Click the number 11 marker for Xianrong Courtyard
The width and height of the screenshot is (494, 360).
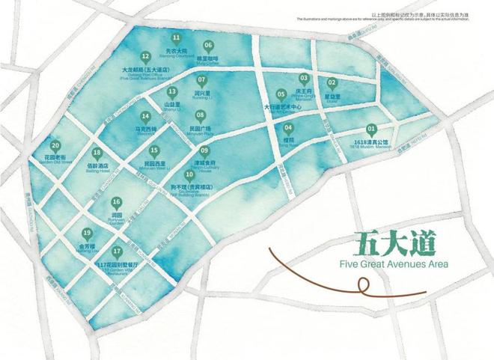pos(177,37)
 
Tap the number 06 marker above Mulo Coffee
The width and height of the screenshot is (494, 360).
pos(208,45)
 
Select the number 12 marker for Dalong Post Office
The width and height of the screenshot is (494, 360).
pos(145,56)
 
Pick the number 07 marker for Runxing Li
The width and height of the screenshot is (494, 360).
pos(201,79)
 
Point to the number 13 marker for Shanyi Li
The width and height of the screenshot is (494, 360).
pos(172,91)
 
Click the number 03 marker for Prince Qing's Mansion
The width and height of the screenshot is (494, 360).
pos(304,78)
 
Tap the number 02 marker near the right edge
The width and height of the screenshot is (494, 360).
pos(332,82)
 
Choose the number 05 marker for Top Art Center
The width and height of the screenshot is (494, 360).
pos(281,94)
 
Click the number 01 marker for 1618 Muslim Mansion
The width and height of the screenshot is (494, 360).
pos(371,129)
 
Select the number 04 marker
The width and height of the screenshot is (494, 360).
pos(289,127)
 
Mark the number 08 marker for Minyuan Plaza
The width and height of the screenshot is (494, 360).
pos(200,115)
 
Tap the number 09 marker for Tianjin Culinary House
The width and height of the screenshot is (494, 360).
pos(204,150)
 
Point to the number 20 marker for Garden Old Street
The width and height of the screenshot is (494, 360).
pos(55,147)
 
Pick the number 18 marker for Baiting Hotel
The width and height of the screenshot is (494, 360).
pos(97,153)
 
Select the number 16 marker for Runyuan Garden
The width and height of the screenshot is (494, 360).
pos(116,202)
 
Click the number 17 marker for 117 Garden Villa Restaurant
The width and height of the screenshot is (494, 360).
pos(117,251)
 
